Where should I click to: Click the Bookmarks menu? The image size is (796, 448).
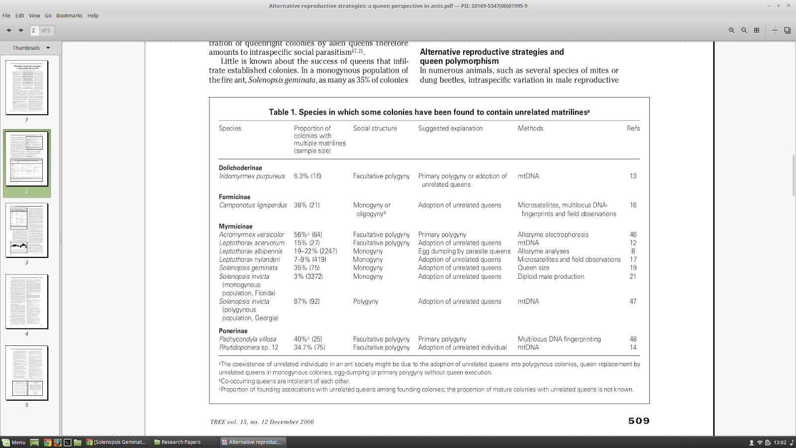[69, 15]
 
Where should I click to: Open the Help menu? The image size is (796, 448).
[93, 15]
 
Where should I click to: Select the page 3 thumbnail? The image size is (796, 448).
[27, 230]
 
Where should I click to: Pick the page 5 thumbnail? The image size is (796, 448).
[27, 373]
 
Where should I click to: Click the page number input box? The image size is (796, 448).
[34, 30]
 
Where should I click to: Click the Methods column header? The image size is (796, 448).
[530, 128]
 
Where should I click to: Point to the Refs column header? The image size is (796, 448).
[633, 128]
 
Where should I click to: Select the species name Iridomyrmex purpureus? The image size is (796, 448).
[252, 176]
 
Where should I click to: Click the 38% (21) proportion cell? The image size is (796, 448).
[306, 205]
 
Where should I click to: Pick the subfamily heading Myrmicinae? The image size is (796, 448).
[235, 226]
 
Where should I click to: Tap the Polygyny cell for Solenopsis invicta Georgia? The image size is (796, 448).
[366, 302]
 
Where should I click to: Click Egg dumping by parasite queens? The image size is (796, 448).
[464, 251]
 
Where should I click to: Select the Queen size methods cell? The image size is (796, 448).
[533, 268]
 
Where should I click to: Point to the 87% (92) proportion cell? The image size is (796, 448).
[306, 302]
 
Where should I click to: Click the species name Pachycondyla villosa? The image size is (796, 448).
[247, 339]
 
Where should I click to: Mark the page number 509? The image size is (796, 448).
[639, 421]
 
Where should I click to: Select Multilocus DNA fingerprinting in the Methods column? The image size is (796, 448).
[559, 339]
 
